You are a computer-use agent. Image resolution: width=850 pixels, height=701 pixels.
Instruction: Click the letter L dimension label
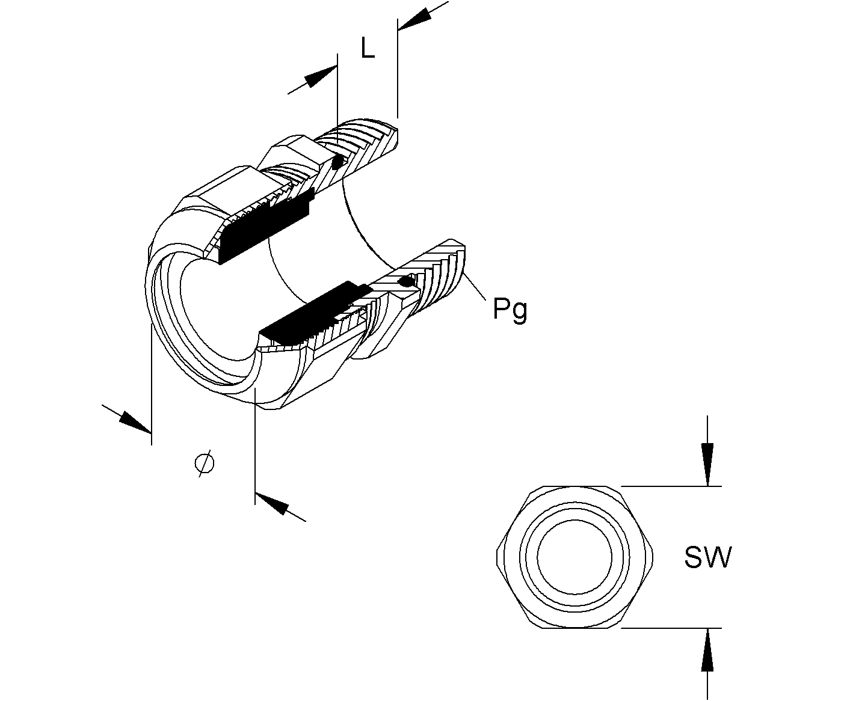[368, 48]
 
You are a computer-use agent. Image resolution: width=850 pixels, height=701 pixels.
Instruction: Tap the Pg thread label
[510, 310]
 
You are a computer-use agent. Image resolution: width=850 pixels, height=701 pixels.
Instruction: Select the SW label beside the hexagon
[707, 557]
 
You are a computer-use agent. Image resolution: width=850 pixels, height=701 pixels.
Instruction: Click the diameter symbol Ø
[205, 464]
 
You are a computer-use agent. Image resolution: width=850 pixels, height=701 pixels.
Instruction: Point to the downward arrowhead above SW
[707, 464]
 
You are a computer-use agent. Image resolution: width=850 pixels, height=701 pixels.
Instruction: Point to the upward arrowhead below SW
[707, 650]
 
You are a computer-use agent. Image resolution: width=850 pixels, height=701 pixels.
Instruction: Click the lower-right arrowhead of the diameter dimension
[271, 503]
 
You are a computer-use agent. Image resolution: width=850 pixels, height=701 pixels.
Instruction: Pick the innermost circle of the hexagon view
[575, 557]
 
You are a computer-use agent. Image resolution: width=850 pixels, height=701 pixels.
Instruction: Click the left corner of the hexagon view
[497, 557]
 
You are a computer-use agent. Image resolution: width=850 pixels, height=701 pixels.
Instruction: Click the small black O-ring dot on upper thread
[337, 163]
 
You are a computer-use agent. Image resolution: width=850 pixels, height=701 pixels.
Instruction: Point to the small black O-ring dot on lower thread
[405, 281]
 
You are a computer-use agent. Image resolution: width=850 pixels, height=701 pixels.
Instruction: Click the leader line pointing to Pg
[475, 287]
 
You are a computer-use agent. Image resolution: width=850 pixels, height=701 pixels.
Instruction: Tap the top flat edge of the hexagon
[575, 486]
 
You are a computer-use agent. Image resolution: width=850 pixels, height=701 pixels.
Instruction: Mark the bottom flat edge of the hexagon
[575, 628]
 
